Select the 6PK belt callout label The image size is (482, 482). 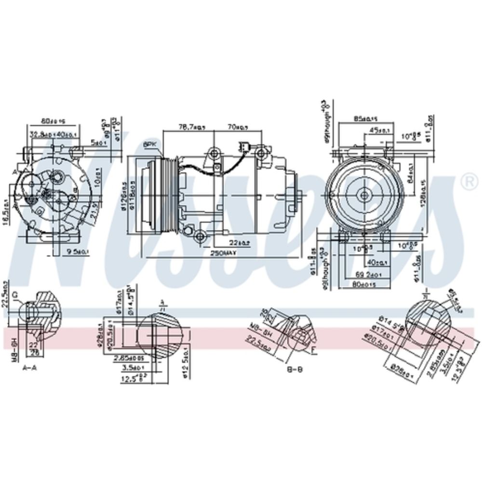click(149, 144)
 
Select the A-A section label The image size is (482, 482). click(29, 367)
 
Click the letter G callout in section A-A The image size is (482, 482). click(15, 294)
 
